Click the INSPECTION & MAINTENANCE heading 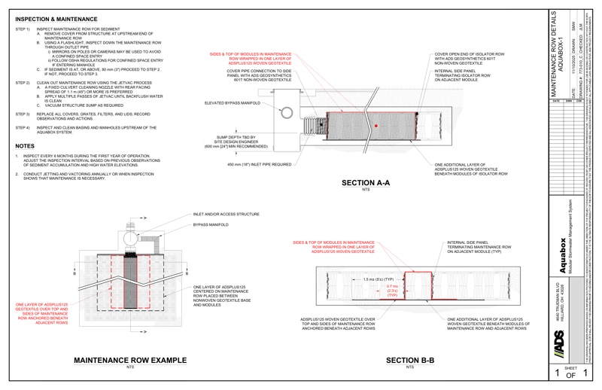tap(56, 19)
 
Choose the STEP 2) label tap(22, 80)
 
